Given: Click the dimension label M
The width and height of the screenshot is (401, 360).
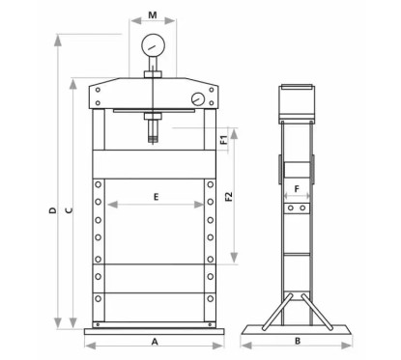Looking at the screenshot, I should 153,16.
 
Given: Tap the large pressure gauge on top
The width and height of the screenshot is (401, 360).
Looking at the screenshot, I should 154,47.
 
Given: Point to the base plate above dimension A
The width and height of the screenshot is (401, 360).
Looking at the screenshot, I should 154,329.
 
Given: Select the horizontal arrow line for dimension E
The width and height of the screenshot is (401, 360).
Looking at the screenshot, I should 155,204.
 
